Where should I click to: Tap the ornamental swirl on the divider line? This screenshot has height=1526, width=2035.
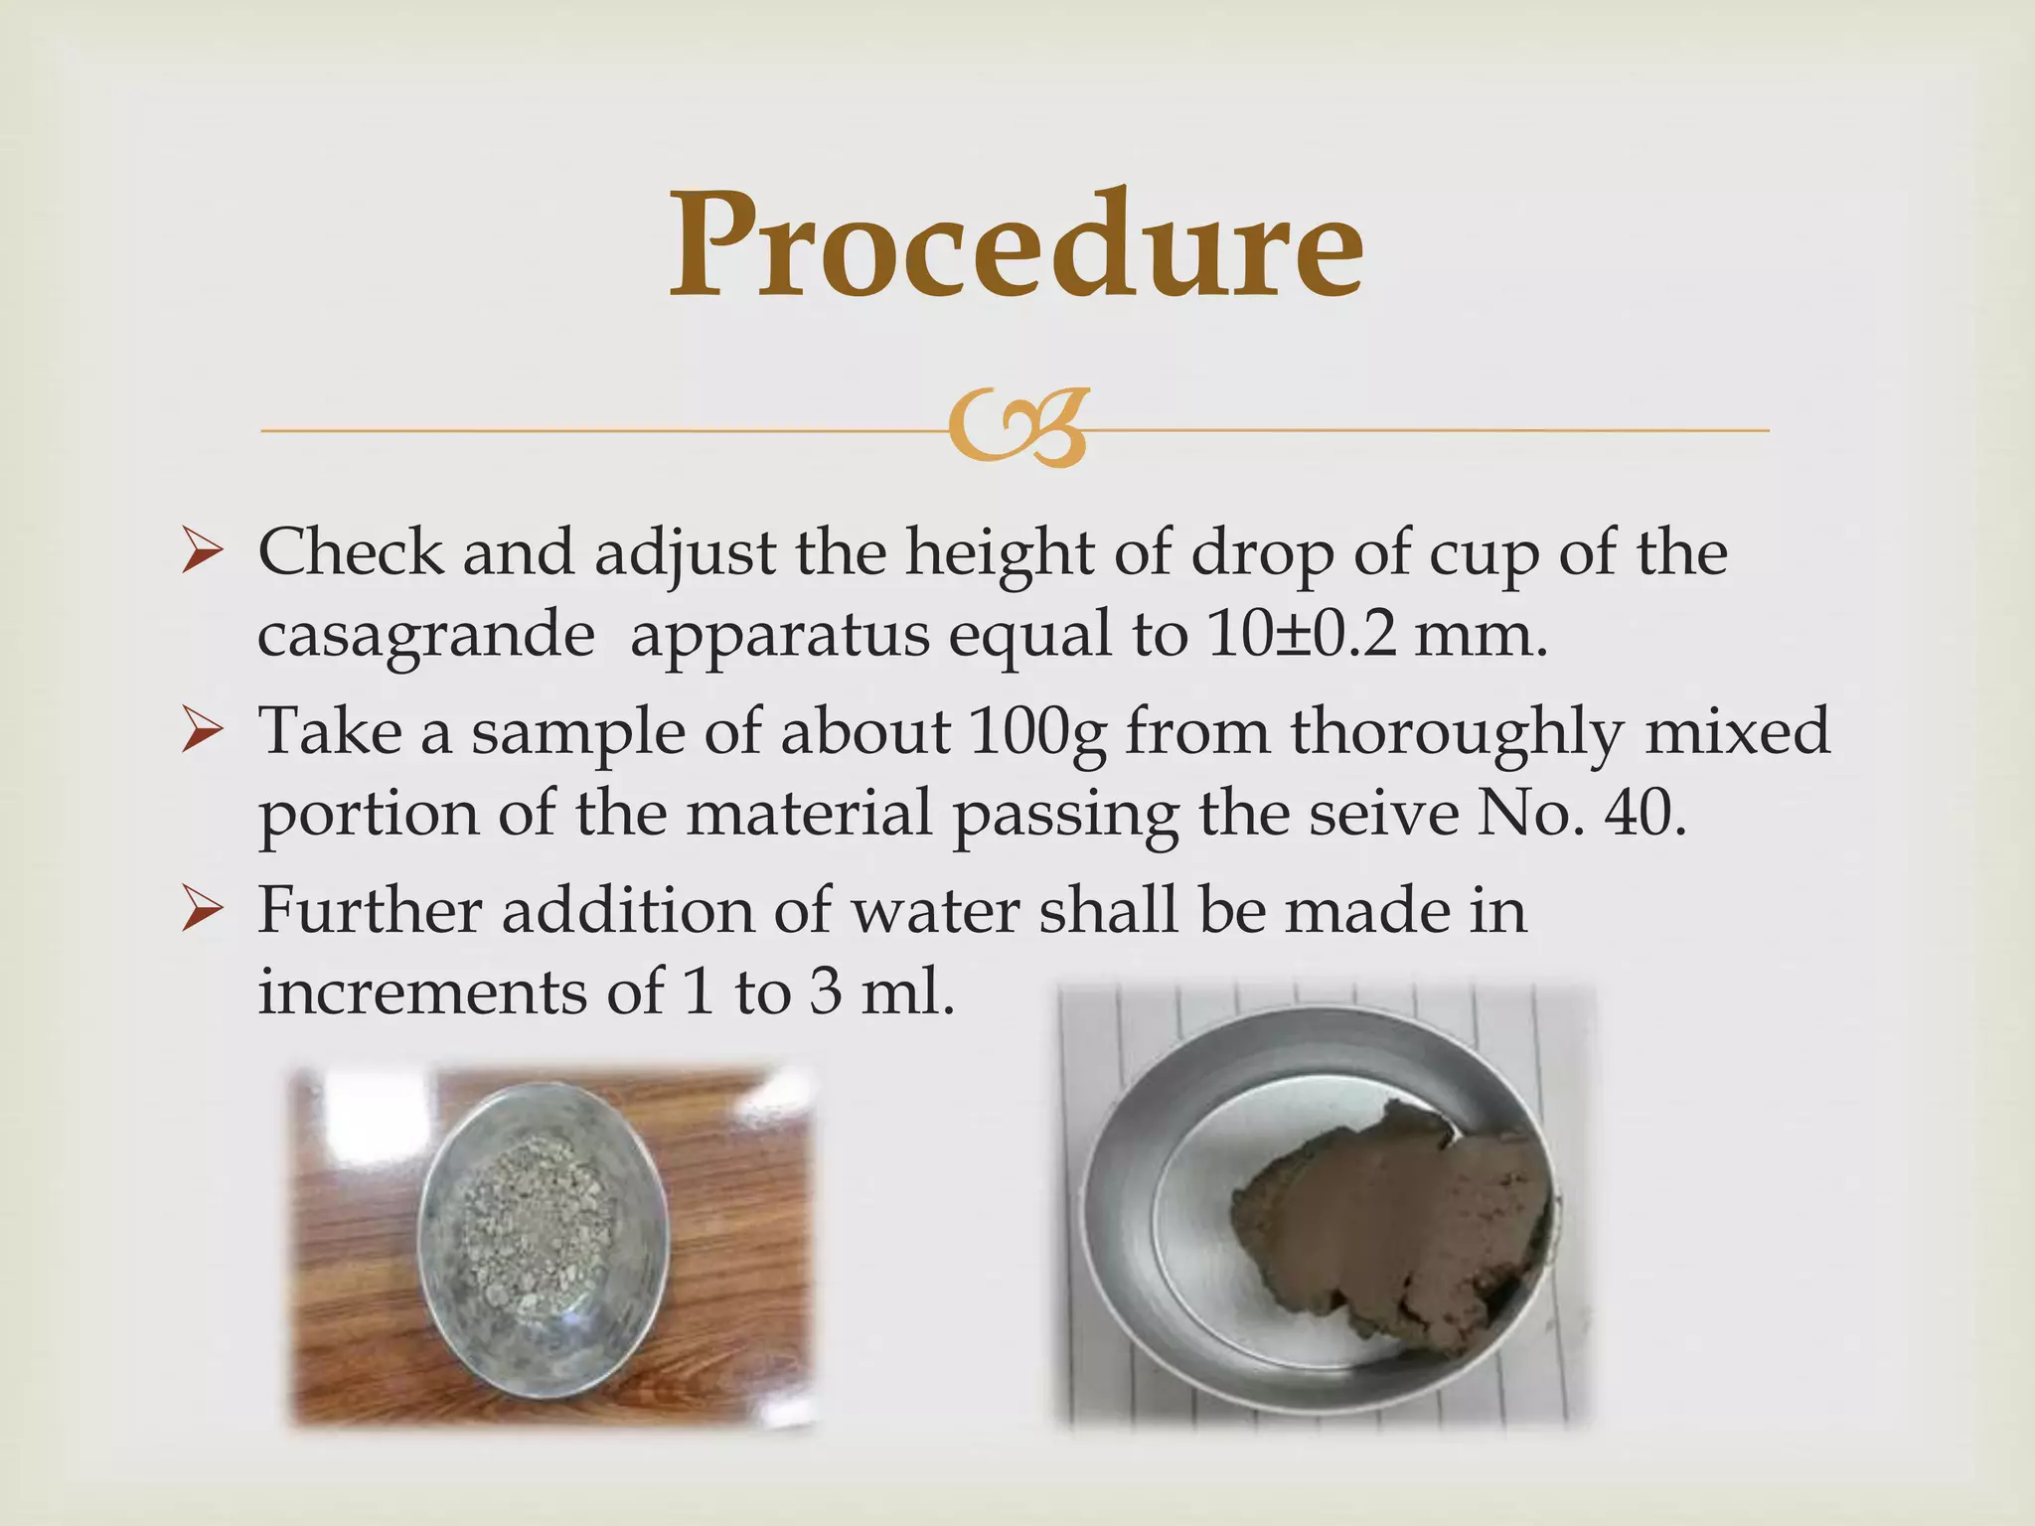point(1017,427)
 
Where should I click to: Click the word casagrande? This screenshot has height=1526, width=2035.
point(425,636)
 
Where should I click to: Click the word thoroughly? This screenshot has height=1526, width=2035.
point(1457,733)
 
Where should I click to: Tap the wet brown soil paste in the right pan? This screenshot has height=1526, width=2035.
point(1391,1222)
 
